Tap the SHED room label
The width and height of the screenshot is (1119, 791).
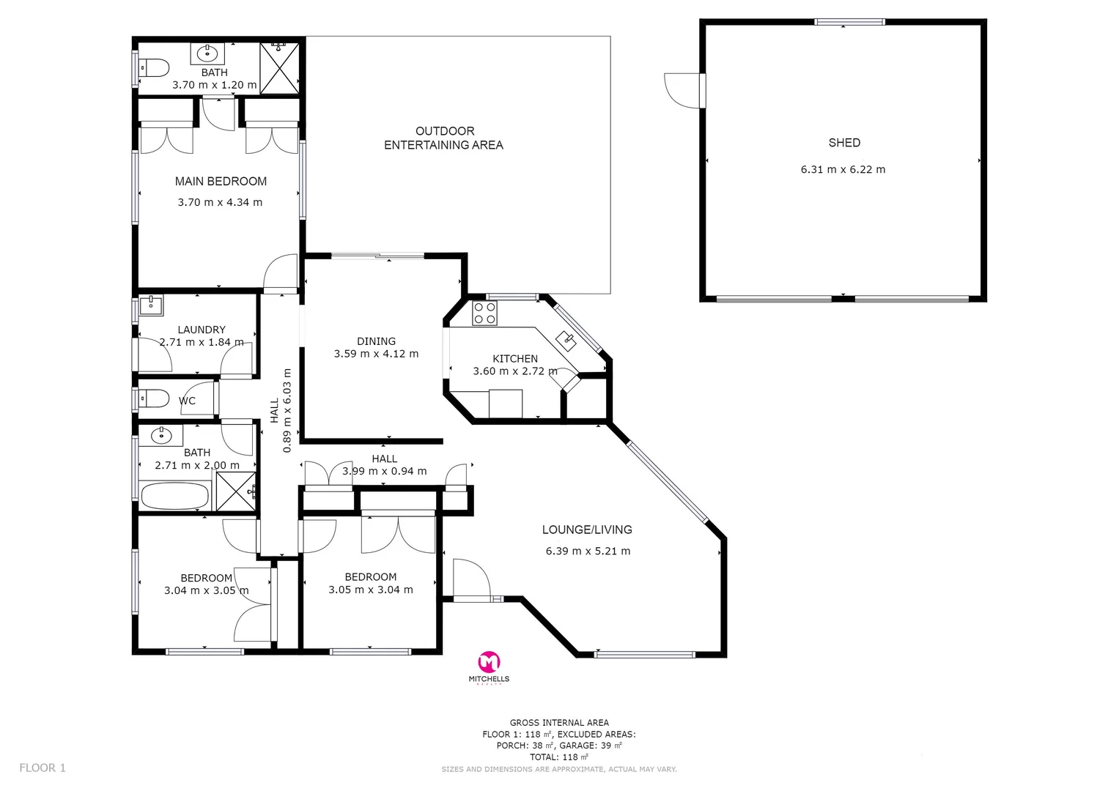(843, 143)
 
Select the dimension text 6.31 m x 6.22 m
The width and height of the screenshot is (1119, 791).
(843, 169)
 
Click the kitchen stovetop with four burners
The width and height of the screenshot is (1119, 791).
(484, 313)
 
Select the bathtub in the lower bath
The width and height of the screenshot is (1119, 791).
(174, 496)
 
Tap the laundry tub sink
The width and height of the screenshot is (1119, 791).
(151, 305)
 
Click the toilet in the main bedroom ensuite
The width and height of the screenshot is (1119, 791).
(155, 68)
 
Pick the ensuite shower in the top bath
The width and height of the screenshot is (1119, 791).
(280, 68)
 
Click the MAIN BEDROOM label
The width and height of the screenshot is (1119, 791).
(221, 181)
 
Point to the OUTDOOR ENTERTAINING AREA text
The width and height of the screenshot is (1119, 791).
(444, 138)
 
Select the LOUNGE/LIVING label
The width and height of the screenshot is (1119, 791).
(587, 530)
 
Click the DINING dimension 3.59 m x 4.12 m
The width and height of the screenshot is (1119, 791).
(376, 354)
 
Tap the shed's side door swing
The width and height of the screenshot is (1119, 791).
(682, 91)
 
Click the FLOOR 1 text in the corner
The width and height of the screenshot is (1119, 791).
(43, 768)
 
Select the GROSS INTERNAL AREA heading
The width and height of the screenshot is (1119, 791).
(559, 722)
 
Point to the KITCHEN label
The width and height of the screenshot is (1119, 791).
(515, 358)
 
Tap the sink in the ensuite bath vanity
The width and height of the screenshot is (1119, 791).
(208, 53)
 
